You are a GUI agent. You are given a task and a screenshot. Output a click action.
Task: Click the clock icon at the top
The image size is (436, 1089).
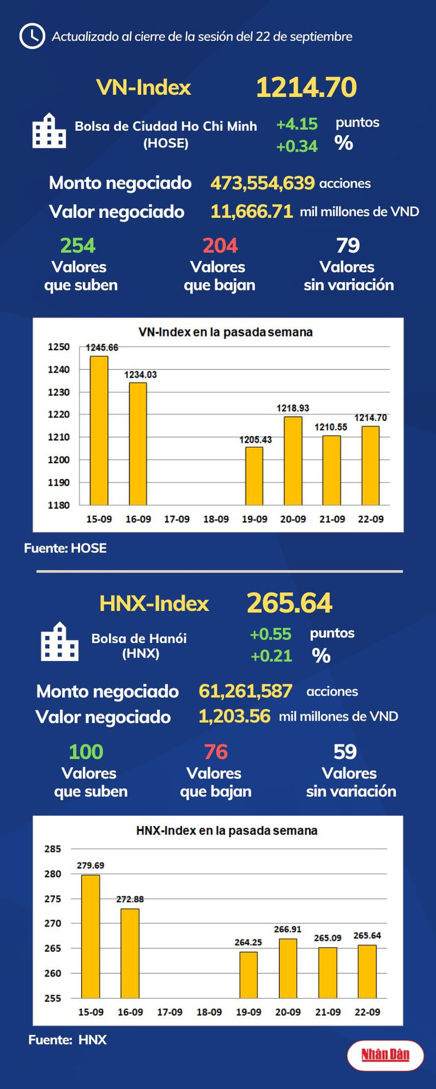[32, 36]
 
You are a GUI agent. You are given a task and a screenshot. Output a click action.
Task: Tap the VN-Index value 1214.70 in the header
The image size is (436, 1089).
[306, 87]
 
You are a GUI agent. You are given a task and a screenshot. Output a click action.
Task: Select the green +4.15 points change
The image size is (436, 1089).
[297, 124]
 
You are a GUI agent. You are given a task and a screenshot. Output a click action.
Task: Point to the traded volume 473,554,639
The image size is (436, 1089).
[263, 183]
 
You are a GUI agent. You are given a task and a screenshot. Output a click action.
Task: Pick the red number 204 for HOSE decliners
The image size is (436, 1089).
[220, 245]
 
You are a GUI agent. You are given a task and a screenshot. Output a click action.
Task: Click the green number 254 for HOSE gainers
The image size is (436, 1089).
[78, 245]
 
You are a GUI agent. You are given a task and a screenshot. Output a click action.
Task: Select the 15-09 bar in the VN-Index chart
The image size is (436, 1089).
[99, 430]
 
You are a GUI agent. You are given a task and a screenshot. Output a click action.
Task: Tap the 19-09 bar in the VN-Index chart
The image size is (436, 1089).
[254, 475]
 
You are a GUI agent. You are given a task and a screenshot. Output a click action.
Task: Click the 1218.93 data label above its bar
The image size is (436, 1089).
[293, 408]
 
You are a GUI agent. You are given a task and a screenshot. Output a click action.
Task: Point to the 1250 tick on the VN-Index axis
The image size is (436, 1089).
[59, 347]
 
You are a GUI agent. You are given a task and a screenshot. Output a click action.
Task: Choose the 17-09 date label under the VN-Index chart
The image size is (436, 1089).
[177, 519]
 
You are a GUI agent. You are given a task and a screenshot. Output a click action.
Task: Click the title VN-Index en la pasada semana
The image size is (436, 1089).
[225, 332]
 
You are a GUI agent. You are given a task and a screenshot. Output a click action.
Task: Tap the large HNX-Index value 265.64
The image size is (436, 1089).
[290, 603]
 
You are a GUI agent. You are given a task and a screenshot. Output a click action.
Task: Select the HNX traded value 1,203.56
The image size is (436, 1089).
[235, 716]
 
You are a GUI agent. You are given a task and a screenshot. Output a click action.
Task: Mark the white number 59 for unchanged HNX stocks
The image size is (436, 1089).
[345, 752]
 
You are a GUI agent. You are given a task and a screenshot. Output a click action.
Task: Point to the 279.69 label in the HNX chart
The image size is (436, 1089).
[91, 866]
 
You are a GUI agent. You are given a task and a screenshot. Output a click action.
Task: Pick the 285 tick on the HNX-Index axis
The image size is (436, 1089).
[53, 849]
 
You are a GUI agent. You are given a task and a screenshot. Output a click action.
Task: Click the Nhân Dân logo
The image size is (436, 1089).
[385, 1055]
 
